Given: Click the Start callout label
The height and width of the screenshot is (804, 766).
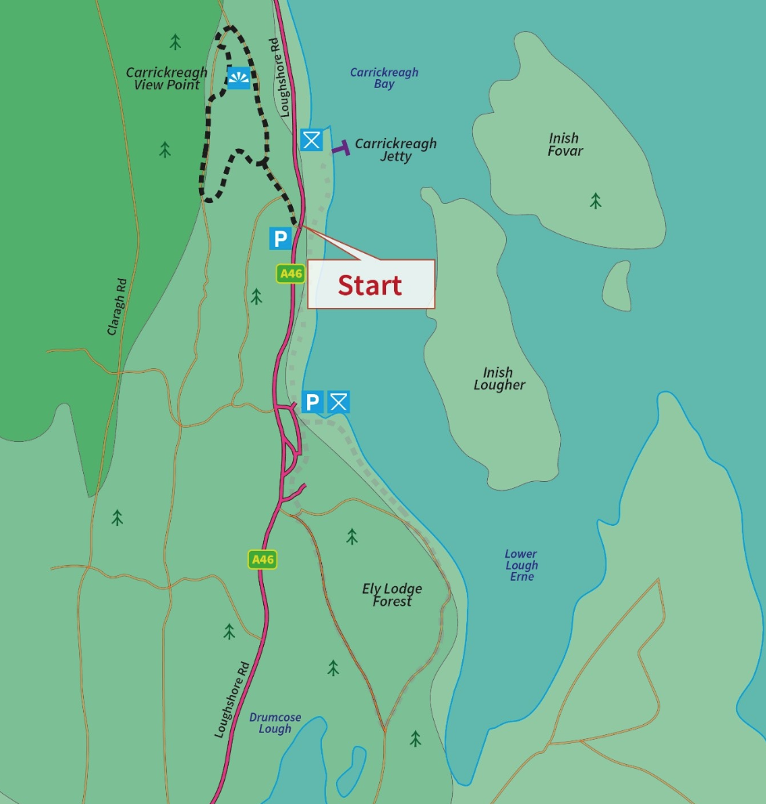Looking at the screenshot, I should [x=370, y=284].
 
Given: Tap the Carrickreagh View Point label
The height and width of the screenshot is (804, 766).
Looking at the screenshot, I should [x=167, y=78].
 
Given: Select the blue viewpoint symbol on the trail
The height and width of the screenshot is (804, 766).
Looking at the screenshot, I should [x=239, y=77].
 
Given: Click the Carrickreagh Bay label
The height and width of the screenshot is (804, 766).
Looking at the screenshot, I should [x=384, y=78].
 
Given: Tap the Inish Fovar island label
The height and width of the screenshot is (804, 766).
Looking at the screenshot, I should [x=565, y=144].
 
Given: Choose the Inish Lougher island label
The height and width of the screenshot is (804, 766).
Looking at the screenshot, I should [x=499, y=378].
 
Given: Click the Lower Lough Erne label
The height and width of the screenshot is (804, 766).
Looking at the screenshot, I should [x=522, y=565].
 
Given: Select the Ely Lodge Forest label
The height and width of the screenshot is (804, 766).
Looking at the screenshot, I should [x=392, y=595].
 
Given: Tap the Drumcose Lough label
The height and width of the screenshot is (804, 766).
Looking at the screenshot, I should [x=275, y=723].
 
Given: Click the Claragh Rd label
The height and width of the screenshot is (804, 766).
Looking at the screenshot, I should [x=117, y=306].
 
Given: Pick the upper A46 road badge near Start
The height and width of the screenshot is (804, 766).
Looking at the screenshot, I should [x=290, y=273].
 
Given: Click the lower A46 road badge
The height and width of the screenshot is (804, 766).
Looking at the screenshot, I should [x=262, y=559].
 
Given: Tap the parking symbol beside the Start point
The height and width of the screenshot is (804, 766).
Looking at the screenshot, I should [x=280, y=238].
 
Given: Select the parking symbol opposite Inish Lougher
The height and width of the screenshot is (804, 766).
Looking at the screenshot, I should [x=312, y=402].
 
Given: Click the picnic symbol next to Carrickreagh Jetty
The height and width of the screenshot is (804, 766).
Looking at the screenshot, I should [x=312, y=140].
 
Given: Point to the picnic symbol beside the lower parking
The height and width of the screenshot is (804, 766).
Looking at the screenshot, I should [x=338, y=402].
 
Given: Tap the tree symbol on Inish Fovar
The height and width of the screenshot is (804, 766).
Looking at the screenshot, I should [x=596, y=201].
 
